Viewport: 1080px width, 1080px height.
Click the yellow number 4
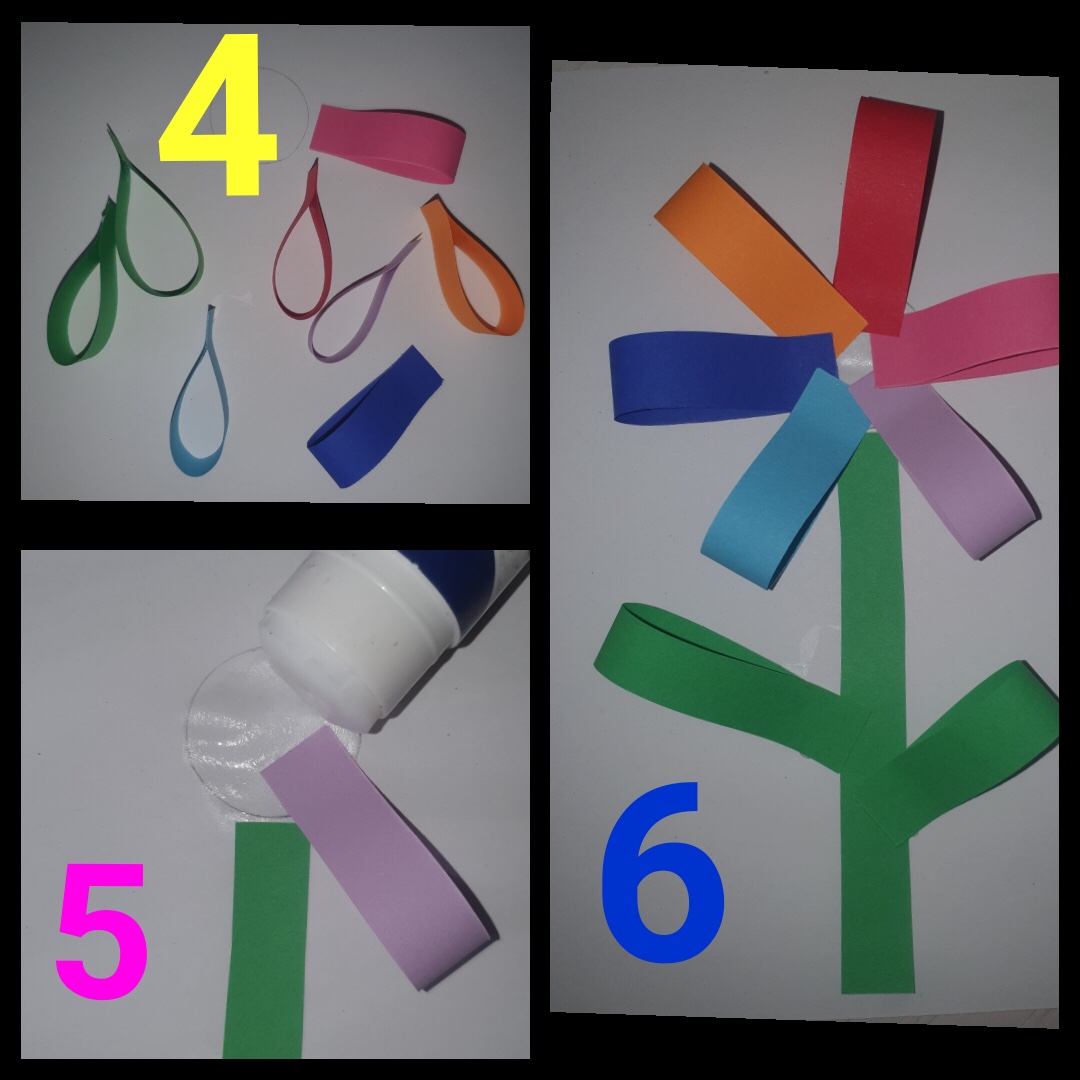tap(219, 114)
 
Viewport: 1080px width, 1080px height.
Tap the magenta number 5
tap(102, 930)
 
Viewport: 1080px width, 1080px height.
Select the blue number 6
tap(663, 872)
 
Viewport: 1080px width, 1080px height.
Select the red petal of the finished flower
tap(885, 214)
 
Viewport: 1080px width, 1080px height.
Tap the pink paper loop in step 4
tap(389, 143)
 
